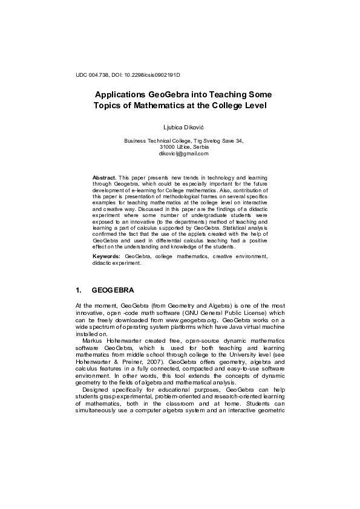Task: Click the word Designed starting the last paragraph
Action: pyautogui.click(x=98, y=407)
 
